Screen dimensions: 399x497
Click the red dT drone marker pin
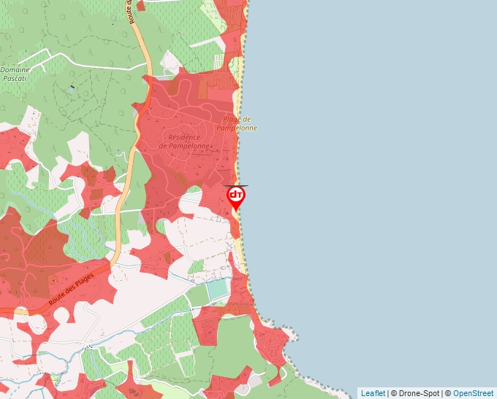tap(236, 198)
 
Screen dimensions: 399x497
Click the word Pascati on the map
tap(15, 77)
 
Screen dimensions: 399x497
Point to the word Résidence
tap(184, 137)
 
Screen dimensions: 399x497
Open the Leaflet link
tap(372, 393)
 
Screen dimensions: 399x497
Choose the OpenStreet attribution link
tap(473, 393)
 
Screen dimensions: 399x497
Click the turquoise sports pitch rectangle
tap(218, 290)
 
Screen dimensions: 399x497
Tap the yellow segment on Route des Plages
tap(21, 311)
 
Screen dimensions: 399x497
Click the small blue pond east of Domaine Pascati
tap(72, 88)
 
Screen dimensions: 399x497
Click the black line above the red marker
tap(236, 186)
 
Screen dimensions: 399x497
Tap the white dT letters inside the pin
tap(236, 195)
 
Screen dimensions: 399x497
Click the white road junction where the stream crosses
tap(87, 344)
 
